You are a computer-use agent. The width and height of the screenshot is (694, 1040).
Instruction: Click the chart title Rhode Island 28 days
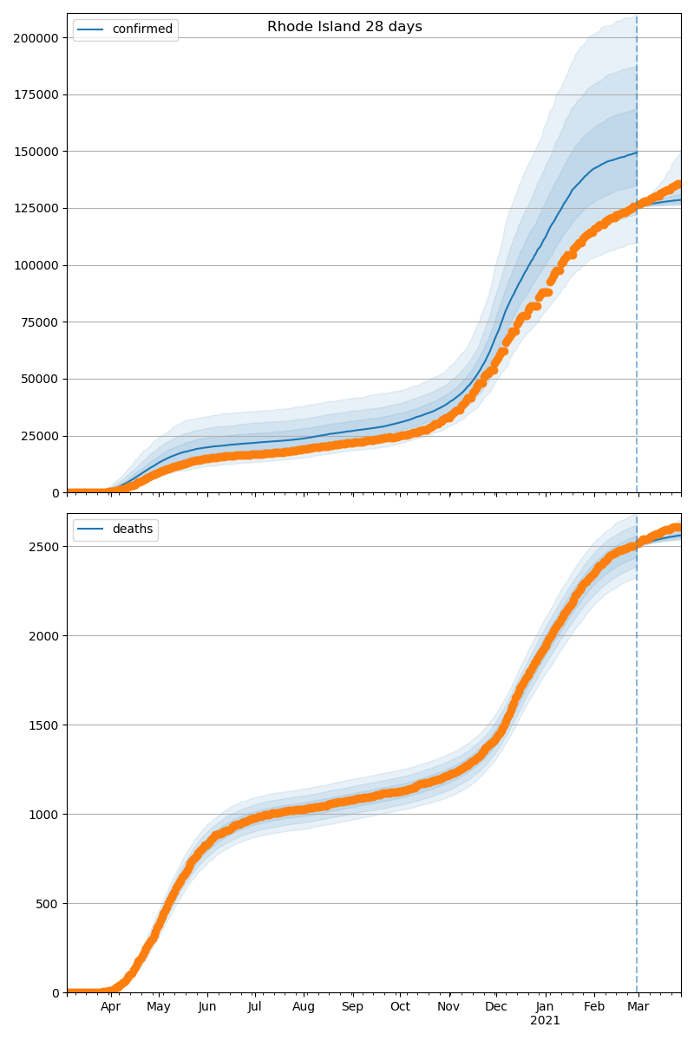point(344,27)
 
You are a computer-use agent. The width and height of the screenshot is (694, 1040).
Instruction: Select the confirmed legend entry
point(142,29)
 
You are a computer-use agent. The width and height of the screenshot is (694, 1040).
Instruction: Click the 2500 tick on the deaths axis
point(44,547)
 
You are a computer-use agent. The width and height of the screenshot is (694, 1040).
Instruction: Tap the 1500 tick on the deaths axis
point(44,725)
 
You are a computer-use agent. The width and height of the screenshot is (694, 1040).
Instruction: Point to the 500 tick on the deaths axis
point(48,904)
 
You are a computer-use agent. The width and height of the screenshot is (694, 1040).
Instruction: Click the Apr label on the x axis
point(110,1007)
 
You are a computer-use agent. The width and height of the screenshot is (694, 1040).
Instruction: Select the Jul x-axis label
point(255,1007)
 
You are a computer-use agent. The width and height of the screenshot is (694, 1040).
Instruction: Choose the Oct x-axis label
point(400,1007)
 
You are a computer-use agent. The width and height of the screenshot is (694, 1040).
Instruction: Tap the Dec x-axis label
point(496,1007)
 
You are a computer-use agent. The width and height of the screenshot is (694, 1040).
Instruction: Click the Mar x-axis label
point(638,1007)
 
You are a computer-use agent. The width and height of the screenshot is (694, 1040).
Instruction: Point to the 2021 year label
point(545,1021)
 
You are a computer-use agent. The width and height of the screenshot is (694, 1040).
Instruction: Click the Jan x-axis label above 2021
point(545,1007)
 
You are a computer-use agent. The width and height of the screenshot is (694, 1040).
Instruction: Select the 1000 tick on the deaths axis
point(44,815)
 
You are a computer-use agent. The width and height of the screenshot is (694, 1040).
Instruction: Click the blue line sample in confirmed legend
point(91,29)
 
